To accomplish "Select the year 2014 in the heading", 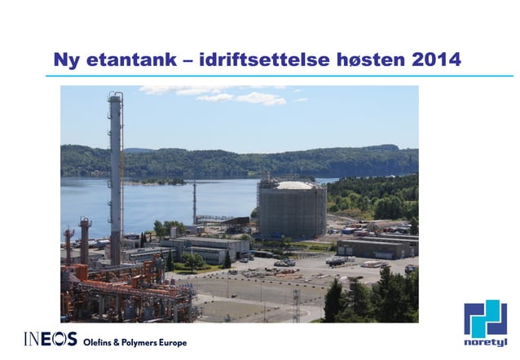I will tap(436, 59).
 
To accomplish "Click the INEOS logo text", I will tap(51, 339).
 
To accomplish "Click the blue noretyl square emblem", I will tap(485, 318).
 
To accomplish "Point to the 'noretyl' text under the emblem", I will tap(485, 343).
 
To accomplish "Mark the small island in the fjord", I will tap(159, 181).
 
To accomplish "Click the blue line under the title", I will tap(277, 77).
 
